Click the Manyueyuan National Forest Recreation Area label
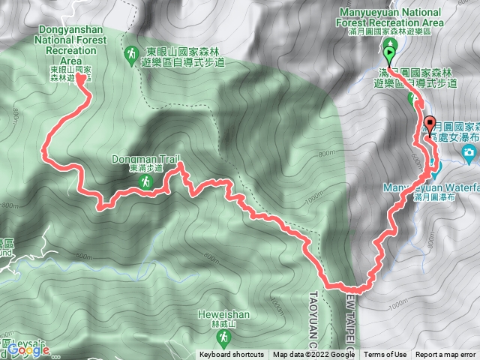coord(391,17)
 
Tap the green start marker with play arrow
coord(389,54)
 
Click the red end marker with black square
coord(430,124)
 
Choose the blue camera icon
coord(469,155)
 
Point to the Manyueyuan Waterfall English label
coord(431,187)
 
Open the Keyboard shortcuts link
coord(231,355)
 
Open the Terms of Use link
coord(386,355)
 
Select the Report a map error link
coord(447,355)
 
